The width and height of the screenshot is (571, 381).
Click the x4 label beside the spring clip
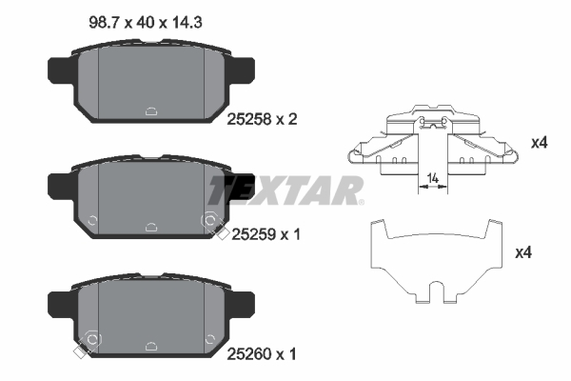click(x=539, y=143)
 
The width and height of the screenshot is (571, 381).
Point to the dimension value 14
click(x=433, y=178)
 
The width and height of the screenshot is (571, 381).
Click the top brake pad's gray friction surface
click(x=152, y=81)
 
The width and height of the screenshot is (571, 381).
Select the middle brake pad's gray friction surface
click(x=152, y=195)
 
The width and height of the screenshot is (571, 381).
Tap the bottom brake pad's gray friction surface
click(x=152, y=310)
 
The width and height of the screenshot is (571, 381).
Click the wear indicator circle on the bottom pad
click(x=92, y=340)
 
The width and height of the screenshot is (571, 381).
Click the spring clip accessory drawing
click(x=434, y=143)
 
